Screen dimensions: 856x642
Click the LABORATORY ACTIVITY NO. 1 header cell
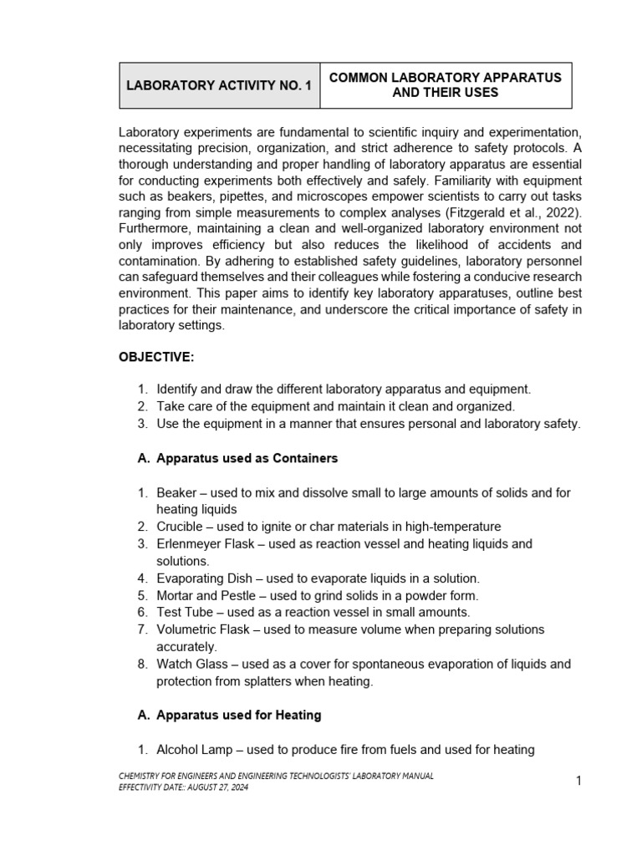pos(219,85)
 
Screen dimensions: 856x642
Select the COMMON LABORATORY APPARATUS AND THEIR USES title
pos(445,84)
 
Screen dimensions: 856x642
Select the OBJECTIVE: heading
pos(156,357)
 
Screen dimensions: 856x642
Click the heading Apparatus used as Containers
pos(247,459)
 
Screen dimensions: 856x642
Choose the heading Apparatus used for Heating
pos(238,715)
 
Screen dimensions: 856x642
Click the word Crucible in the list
pos(181,527)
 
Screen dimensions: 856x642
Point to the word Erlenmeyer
pos(191,543)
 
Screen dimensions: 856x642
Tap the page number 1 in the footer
pos(578,781)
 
